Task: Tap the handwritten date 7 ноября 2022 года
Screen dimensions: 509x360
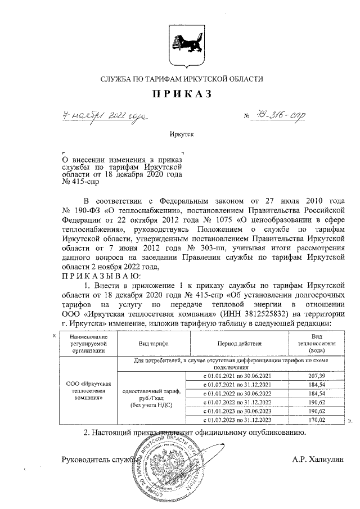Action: [105, 116]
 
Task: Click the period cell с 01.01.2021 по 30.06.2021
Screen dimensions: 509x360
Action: [237, 375]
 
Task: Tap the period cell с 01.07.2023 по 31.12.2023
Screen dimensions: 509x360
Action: [237, 420]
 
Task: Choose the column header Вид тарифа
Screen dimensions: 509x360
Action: [154, 343]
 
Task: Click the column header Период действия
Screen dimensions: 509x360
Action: [237, 343]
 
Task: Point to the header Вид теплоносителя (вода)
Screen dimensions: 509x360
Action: [317, 343]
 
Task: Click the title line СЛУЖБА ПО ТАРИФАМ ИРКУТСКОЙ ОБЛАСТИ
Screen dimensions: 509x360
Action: [181, 79]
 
